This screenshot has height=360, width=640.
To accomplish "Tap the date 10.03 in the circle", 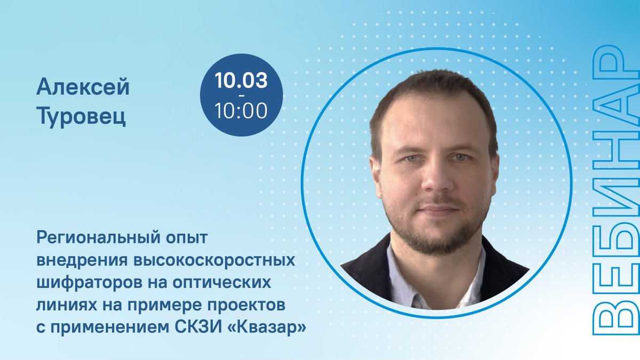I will [241, 81].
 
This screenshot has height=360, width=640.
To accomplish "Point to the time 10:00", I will [241, 111].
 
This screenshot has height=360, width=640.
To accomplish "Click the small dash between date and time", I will [241, 95].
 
